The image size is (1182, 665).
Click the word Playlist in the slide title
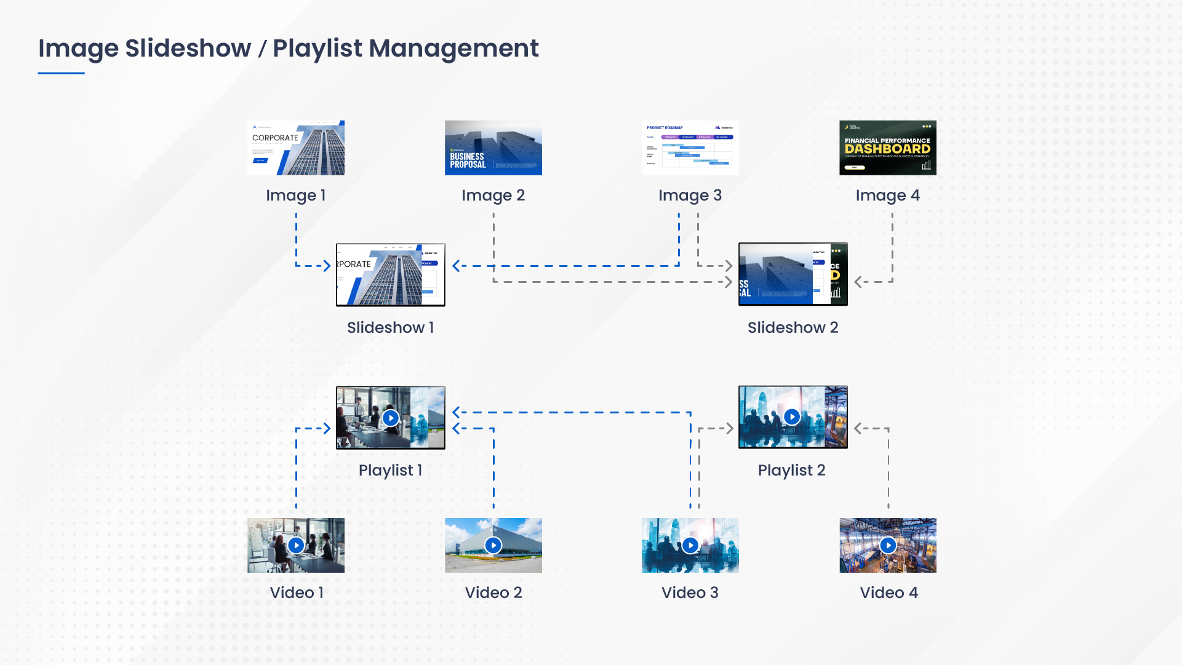point(317,49)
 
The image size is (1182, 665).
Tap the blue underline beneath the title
point(61,73)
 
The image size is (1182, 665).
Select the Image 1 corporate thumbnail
point(296,148)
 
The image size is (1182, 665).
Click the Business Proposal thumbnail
point(493,148)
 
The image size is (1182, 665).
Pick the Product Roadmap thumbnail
point(690,148)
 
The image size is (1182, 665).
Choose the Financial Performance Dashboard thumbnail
point(887,148)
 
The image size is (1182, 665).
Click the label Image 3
point(690,196)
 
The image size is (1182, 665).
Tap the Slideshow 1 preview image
point(390,275)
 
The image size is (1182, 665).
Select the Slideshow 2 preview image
point(793,274)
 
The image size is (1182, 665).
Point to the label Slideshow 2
point(793,327)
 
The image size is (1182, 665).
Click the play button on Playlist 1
point(391,418)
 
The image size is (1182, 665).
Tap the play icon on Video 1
point(296,545)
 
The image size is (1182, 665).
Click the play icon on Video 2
point(493,545)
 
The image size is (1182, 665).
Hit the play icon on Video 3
point(690,545)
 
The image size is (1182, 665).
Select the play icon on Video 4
point(887,545)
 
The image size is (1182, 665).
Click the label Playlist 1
point(390,471)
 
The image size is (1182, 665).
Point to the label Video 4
point(888,593)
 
